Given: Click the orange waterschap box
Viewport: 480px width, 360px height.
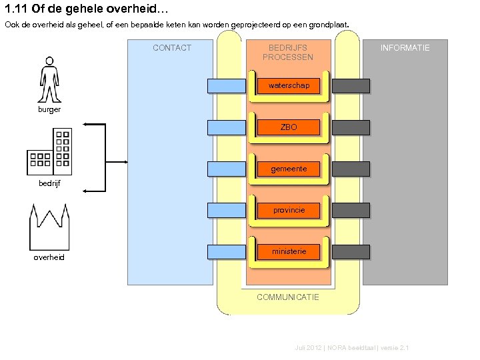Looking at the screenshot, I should pyautogui.click(x=289, y=86).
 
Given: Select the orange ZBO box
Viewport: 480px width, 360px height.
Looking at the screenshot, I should pyautogui.click(x=289, y=127).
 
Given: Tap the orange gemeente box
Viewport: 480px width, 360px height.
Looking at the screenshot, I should pyautogui.click(x=289, y=169).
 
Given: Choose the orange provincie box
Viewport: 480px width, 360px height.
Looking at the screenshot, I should pyautogui.click(x=289, y=211).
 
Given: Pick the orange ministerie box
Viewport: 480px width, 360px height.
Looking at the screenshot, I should pyautogui.click(x=289, y=252).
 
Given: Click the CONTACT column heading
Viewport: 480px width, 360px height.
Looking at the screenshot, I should pyautogui.click(x=171, y=48).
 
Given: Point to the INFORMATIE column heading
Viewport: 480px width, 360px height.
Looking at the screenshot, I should pyautogui.click(x=405, y=48).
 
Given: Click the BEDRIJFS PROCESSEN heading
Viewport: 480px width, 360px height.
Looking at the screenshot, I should pyautogui.click(x=288, y=53).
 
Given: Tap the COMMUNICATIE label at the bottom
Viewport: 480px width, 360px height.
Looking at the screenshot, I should pyautogui.click(x=288, y=297).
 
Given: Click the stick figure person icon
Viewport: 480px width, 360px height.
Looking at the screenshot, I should pyautogui.click(x=49, y=79).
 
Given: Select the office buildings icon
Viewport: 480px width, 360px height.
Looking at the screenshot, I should pyautogui.click(x=49, y=152).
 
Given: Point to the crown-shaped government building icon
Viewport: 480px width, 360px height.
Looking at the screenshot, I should pyautogui.click(x=49, y=225).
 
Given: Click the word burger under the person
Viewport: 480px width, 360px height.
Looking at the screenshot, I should pyautogui.click(x=49, y=109).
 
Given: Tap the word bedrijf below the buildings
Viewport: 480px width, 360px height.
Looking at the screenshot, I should pyautogui.click(x=49, y=183).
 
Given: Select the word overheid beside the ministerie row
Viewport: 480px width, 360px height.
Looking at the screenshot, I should pyautogui.click(x=49, y=257).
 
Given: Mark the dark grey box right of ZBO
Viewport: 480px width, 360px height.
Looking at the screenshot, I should pyautogui.click(x=351, y=127).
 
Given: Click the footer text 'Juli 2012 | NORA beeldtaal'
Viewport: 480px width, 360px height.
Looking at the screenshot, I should pyautogui.click(x=351, y=348).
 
